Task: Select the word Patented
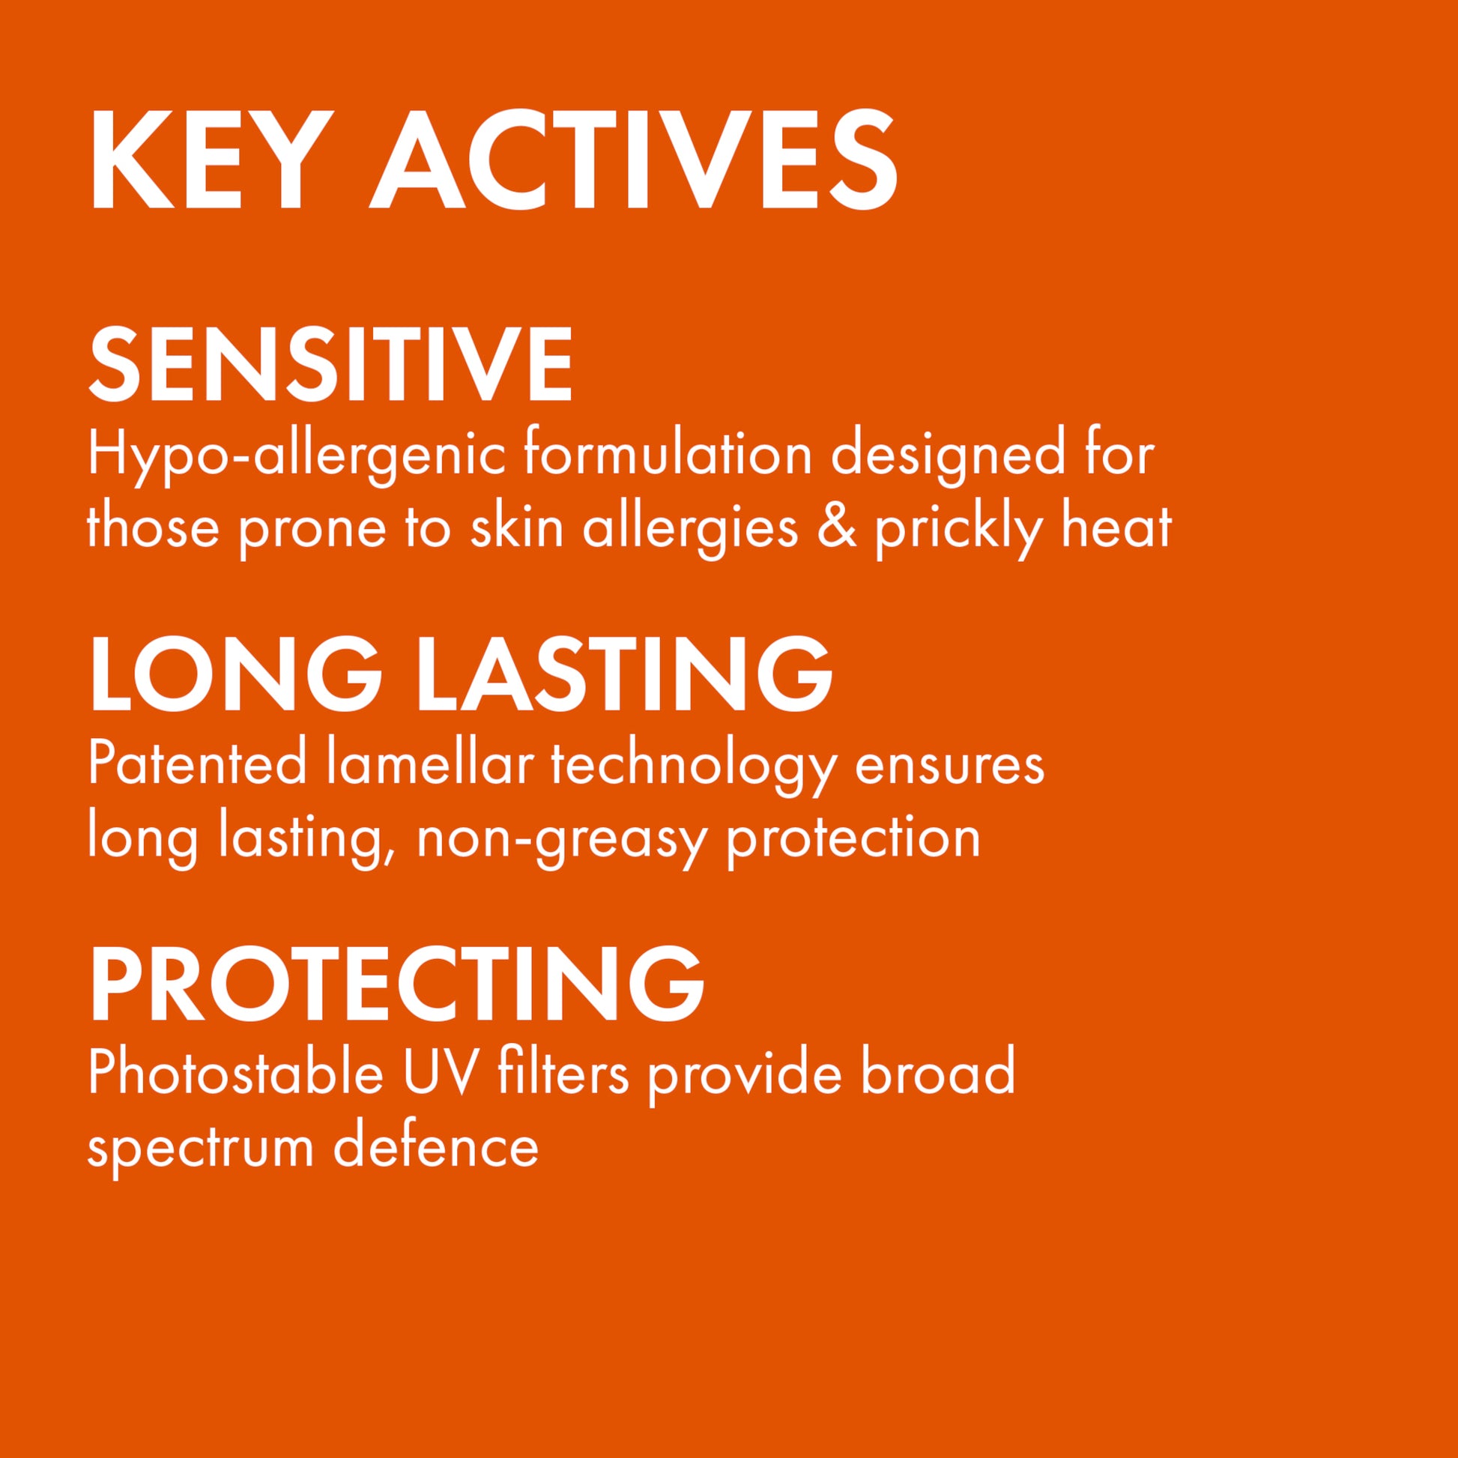point(197,764)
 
